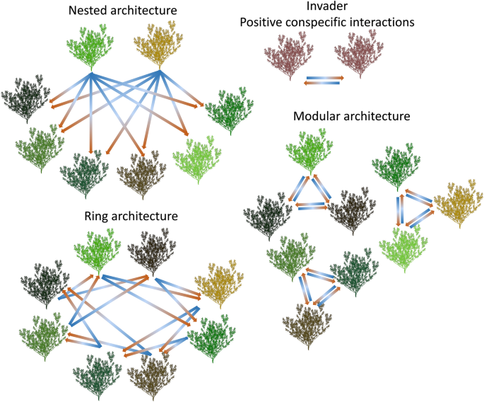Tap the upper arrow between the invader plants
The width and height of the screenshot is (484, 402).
(324, 77)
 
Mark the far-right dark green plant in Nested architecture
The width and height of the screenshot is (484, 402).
(227, 110)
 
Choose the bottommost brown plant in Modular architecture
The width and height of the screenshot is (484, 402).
(307, 325)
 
